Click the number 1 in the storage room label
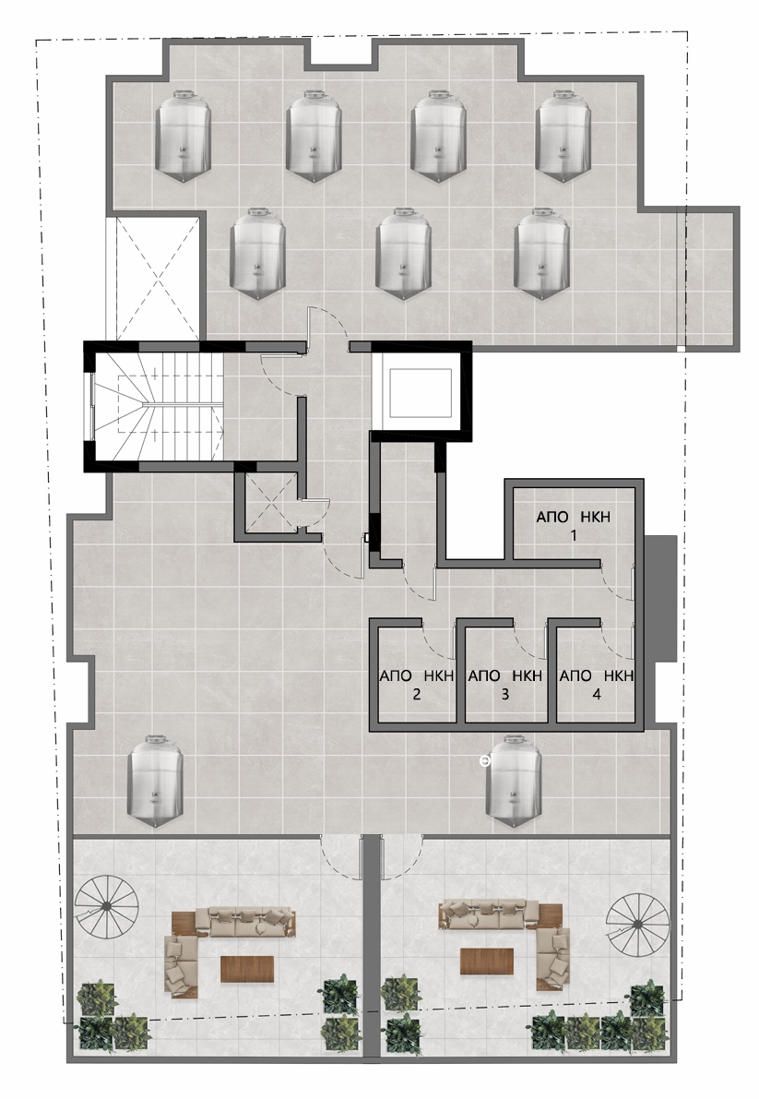(x=573, y=536)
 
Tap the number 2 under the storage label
(x=417, y=695)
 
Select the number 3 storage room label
(x=504, y=695)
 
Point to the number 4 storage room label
(x=597, y=695)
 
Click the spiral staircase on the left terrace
(x=104, y=905)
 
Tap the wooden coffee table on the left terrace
(x=247, y=969)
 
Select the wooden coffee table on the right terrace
(x=487, y=961)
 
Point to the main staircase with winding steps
(x=158, y=406)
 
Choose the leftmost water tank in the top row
(x=182, y=137)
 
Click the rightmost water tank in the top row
(x=565, y=137)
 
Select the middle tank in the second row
(x=403, y=255)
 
